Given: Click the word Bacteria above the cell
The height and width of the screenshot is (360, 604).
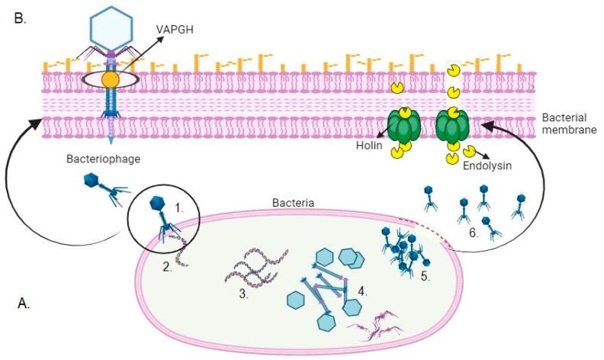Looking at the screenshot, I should click(294, 203).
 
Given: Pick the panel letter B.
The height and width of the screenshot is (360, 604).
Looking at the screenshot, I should click(20, 18).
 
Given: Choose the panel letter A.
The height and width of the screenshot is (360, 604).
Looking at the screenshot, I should click(24, 304).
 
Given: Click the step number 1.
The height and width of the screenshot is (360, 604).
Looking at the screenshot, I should click(180, 207).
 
